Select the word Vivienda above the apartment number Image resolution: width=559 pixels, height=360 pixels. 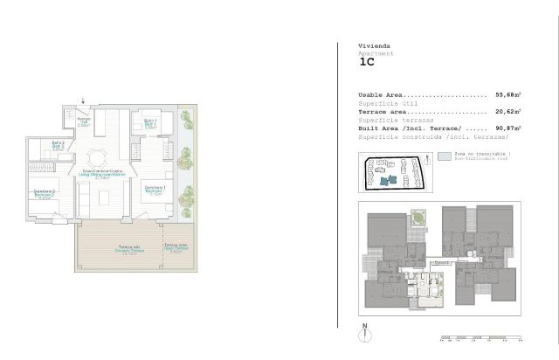[x=374, y=45]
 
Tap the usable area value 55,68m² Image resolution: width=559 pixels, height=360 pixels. [x=507, y=94]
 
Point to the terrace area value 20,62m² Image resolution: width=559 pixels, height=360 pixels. [x=507, y=112]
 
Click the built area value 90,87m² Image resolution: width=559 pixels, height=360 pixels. [x=507, y=128]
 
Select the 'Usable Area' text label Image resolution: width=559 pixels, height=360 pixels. [x=380, y=94]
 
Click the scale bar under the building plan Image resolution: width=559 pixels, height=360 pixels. [x=481, y=337]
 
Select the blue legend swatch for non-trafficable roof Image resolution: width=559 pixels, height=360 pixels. [x=445, y=156]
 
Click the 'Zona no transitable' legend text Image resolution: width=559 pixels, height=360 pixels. [x=481, y=154]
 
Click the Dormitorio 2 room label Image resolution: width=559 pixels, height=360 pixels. [x=45, y=192]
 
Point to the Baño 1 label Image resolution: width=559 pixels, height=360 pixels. [x=149, y=122]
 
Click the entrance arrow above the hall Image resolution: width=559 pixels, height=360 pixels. [x=83, y=100]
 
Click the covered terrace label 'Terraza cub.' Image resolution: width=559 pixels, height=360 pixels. [x=130, y=250]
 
